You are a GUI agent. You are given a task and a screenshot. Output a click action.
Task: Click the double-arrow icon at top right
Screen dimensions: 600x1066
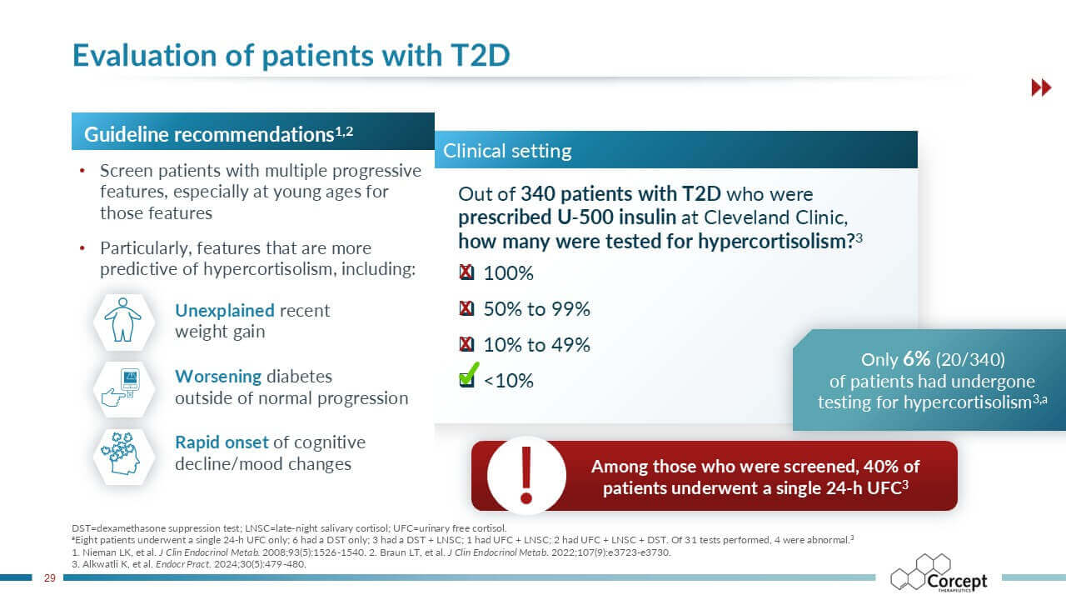click(1041, 87)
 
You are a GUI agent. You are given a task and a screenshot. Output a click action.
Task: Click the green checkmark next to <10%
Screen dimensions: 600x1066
click(469, 375)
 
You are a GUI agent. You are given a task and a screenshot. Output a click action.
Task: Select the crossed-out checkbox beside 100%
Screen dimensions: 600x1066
click(467, 273)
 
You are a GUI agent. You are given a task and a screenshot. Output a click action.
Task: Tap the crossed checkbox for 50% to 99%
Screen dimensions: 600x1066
click(467, 309)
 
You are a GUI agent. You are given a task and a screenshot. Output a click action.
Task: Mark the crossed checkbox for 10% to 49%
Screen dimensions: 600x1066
click(467, 345)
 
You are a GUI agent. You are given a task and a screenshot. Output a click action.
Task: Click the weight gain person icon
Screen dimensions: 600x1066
click(123, 321)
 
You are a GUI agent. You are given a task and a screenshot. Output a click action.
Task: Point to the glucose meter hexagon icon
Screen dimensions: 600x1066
click(123, 388)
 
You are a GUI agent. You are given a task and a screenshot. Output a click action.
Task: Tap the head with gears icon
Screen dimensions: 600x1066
click(123, 454)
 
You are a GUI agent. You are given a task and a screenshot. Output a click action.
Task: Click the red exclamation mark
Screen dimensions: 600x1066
click(525, 474)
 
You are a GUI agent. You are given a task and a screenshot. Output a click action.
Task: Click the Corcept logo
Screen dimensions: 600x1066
click(939, 575)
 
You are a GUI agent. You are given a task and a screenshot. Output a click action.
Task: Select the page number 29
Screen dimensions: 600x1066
click(49, 578)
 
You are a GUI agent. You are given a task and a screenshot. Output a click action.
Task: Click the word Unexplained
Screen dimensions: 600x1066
click(224, 311)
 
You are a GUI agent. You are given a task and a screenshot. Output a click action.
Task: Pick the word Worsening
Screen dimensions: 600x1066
click(218, 376)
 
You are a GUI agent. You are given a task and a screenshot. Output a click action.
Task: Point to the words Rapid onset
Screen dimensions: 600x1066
click(222, 442)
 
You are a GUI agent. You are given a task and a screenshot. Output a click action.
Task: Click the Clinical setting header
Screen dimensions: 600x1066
click(507, 151)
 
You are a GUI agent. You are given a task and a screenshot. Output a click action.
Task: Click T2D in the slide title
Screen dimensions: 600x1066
click(473, 54)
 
